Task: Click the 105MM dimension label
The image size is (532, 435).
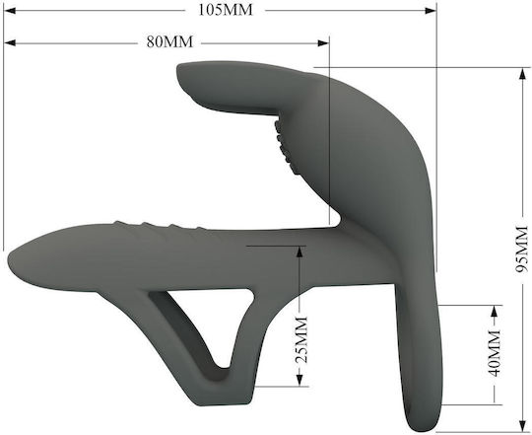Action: click(x=226, y=10)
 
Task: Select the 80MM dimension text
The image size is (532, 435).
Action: click(x=169, y=42)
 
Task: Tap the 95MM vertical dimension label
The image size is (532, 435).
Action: click(x=522, y=249)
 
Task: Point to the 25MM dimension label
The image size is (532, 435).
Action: click(x=301, y=339)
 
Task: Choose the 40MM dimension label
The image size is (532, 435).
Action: click(x=495, y=353)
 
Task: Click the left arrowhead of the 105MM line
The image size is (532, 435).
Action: click(x=10, y=11)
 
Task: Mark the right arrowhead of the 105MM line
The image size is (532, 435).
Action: click(x=431, y=11)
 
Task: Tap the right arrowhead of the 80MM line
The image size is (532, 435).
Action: click(x=323, y=42)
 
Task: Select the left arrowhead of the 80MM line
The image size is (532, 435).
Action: click(x=10, y=42)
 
